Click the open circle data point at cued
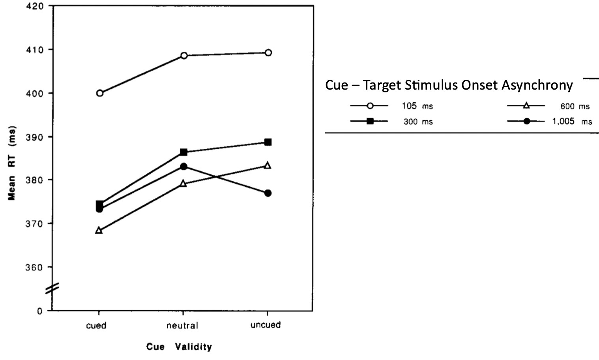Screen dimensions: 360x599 click(x=100, y=93)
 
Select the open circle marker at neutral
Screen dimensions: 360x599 click(x=184, y=56)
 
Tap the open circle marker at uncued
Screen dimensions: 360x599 click(x=268, y=53)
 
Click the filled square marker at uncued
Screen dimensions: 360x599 click(x=268, y=142)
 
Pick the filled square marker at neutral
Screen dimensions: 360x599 click(x=183, y=152)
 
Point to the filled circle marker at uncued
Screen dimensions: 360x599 click(x=268, y=193)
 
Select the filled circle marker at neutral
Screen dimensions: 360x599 click(x=183, y=167)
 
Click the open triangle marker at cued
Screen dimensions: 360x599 click(x=99, y=231)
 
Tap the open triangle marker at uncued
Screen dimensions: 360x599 click(x=268, y=165)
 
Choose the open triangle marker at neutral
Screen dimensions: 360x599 click(x=183, y=184)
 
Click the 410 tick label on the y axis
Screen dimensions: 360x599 click(x=35, y=50)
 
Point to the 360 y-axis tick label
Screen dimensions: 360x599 click(x=35, y=267)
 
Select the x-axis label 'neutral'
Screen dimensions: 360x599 click(x=182, y=326)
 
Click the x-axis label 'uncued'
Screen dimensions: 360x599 click(x=266, y=325)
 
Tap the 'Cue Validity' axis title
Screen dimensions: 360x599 click(x=179, y=347)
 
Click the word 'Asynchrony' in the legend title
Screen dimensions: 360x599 click(x=537, y=85)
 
